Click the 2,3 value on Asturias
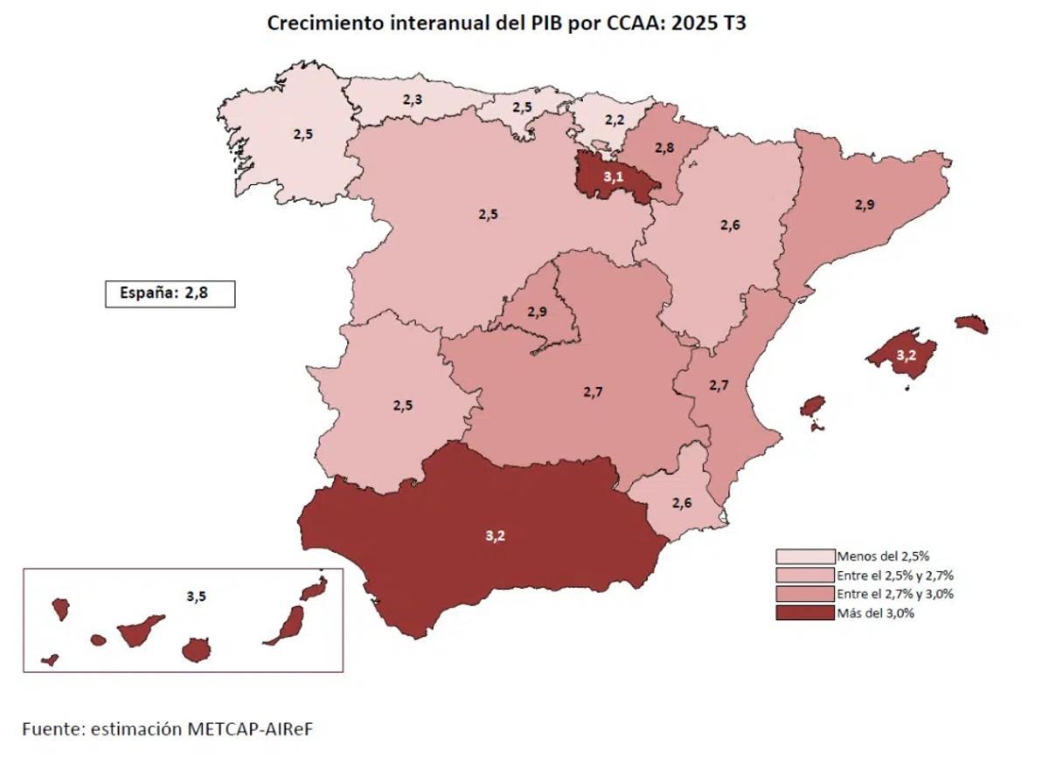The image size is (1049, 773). pos(413,100)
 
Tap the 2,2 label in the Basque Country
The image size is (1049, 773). pos(615,120)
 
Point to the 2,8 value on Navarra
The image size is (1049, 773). pos(664,148)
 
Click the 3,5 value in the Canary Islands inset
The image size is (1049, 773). pos(197,597)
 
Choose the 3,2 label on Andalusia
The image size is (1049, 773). pos(495,535)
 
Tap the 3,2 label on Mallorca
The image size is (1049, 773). pos(907,355)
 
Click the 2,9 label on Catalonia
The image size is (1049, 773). pos(865,204)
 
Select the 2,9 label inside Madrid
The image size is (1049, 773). pos(537,311)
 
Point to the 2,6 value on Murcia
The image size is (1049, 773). pos(682,502)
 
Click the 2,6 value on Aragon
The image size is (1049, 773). pos(730,224)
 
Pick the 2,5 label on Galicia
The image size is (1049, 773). pos(302,135)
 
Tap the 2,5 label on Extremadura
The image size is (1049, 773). pos(403,405)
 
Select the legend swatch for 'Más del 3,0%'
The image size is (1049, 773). pos(804,613)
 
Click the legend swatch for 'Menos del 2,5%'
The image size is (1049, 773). pos(804,556)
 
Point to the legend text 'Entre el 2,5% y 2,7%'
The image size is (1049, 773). pos(894,575)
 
